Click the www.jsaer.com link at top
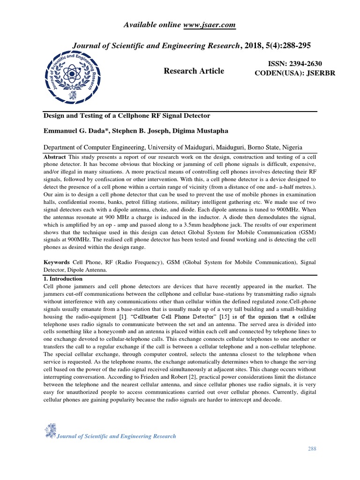209,25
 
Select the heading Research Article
194,71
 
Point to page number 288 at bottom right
312,449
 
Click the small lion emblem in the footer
50,430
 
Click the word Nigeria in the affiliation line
291,146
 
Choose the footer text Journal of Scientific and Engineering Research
116,436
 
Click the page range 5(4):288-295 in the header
288,45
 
